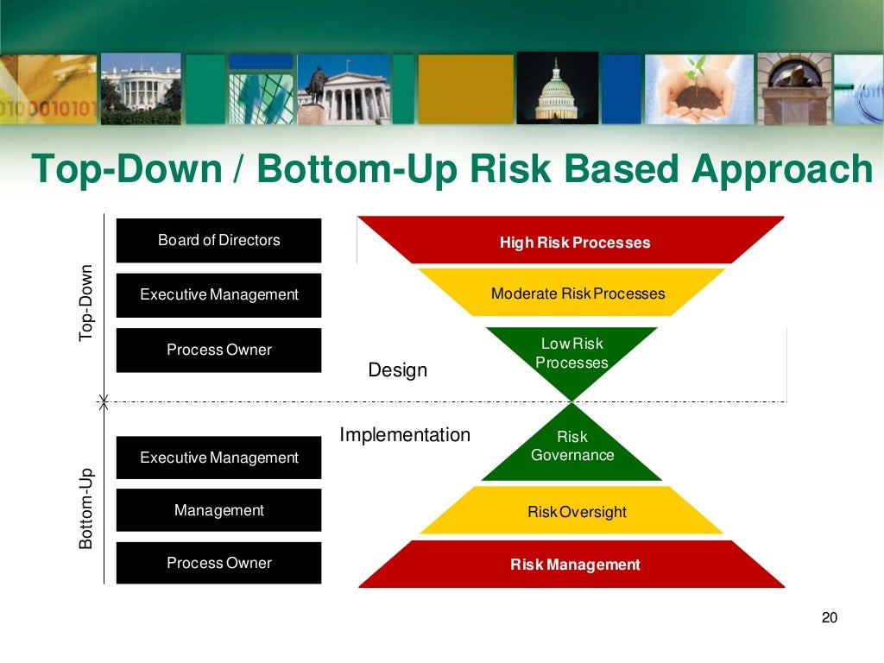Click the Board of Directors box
tap(218, 240)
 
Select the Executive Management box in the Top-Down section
tap(218, 294)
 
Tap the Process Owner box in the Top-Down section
tap(218, 350)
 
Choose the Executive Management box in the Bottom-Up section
tap(218, 458)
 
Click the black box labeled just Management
tap(218, 510)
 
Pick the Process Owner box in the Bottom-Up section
tap(218, 563)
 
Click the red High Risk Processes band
tap(574, 242)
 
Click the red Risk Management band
tap(574, 565)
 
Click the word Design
tap(397, 370)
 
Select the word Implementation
tap(405, 435)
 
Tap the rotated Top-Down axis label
tap(86, 301)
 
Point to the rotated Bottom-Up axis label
tap(86, 508)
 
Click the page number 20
tap(829, 617)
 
